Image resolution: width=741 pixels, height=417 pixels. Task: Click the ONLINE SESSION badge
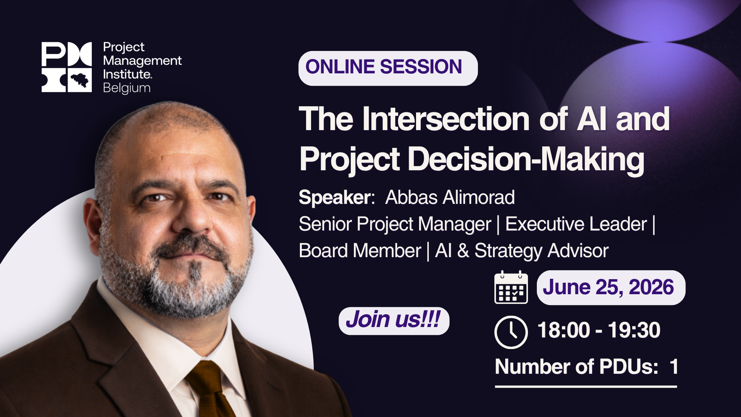click(x=387, y=68)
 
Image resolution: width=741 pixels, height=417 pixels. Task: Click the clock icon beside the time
click(x=511, y=332)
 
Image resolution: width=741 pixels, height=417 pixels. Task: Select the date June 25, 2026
click(x=609, y=288)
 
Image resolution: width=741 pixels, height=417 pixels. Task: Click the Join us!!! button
click(x=394, y=320)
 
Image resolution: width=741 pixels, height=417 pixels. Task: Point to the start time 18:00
click(x=563, y=331)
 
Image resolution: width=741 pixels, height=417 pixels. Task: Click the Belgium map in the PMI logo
click(x=80, y=80)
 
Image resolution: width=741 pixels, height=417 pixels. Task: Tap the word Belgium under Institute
click(x=127, y=88)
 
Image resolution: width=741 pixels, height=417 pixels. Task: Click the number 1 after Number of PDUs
click(x=674, y=366)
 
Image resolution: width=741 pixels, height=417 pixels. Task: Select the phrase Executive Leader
click(x=576, y=224)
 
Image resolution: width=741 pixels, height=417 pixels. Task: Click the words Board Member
click(x=360, y=251)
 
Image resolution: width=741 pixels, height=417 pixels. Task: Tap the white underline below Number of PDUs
click(x=585, y=386)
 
